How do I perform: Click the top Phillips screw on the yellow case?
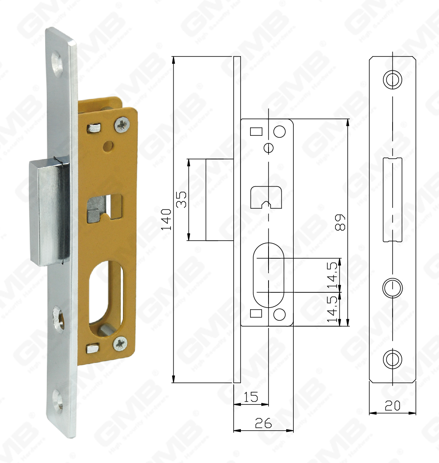(x=123, y=125)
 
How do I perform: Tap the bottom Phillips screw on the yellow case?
(x=121, y=344)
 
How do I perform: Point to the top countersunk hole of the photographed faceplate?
(x=58, y=66)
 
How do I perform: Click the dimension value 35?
(x=181, y=199)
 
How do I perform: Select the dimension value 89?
(x=340, y=222)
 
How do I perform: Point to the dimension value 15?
(x=251, y=397)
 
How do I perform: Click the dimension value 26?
(x=263, y=423)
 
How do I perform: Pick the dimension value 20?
(x=392, y=406)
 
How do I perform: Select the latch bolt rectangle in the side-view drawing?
(x=219, y=199)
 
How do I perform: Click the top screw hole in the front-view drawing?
(x=393, y=80)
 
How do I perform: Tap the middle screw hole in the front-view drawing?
(x=393, y=288)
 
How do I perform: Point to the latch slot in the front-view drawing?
(x=393, y=199)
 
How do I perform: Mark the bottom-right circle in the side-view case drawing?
(x=280, y=314)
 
